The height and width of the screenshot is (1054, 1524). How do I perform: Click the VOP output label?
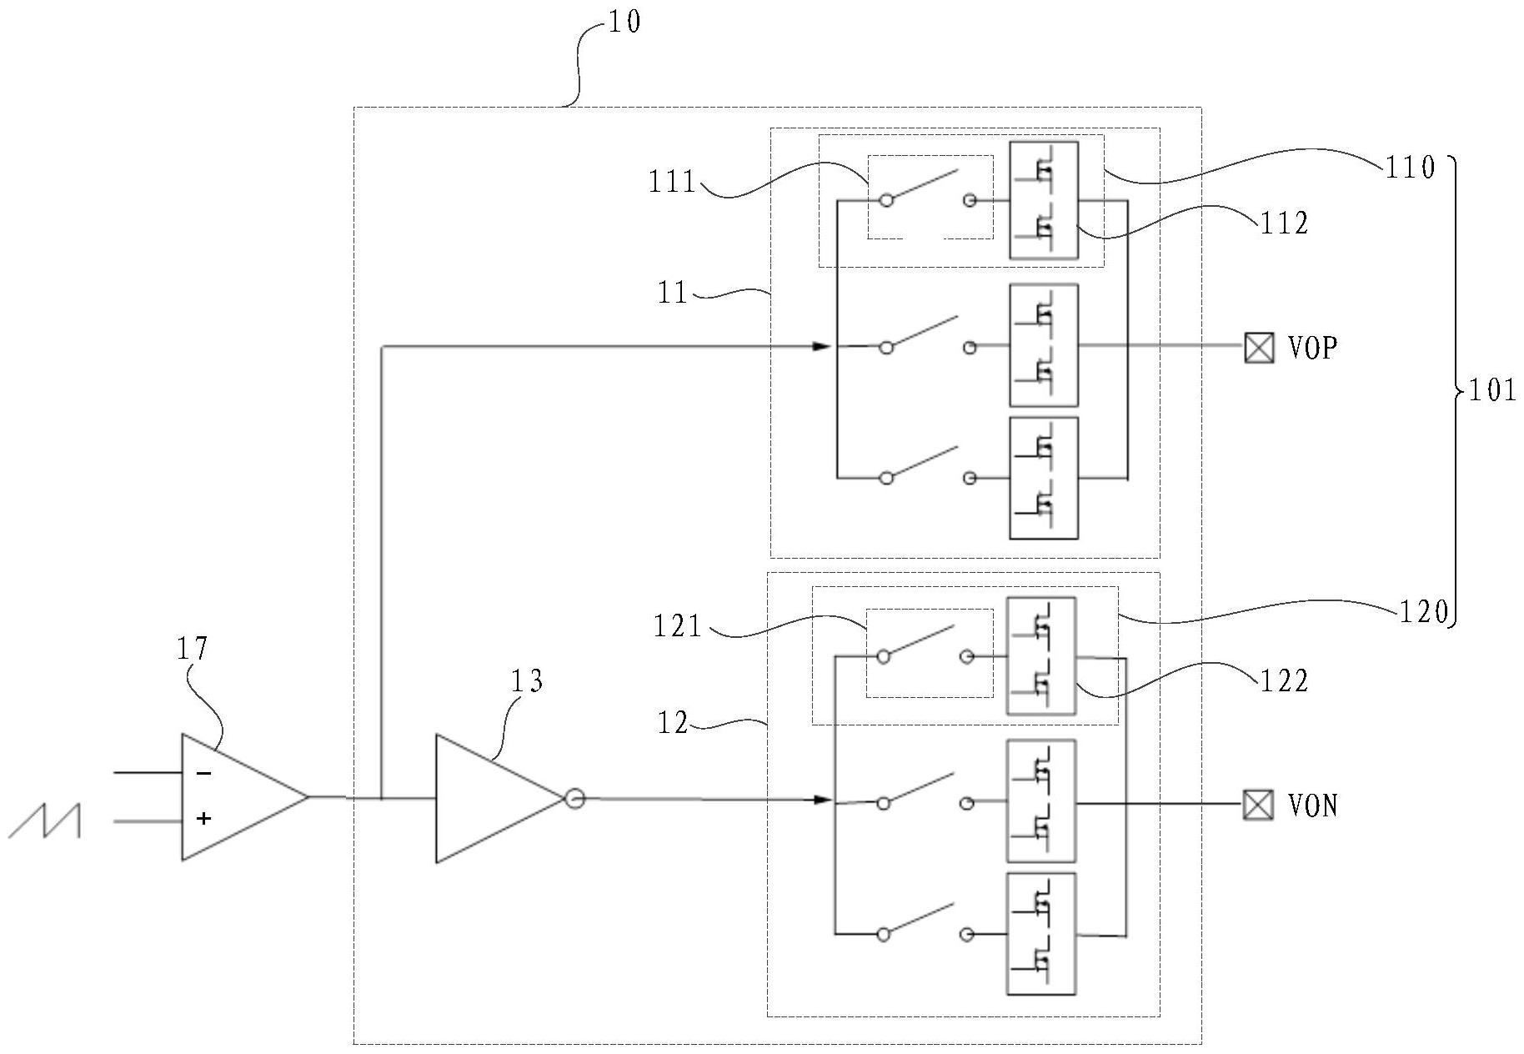pos(1313,347)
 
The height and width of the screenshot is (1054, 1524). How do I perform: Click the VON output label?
pos(1313,806)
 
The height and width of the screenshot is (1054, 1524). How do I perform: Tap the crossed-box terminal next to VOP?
pos(1259,347)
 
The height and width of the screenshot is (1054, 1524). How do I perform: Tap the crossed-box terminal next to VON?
pos(1258,806)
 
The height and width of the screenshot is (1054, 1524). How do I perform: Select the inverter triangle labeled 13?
pos(492,798)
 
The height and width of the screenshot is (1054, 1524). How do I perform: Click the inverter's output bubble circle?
pos(574,799)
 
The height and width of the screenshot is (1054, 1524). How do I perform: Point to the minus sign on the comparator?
pos(203,774)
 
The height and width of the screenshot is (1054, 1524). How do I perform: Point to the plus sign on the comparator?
pos(203,819)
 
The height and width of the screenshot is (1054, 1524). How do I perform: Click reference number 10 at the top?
pos(624,22)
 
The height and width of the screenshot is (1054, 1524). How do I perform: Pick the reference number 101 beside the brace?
pos(1491,390)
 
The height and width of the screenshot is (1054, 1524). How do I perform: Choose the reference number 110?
pos(1410,168)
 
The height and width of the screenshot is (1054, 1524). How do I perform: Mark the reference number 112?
pos(1284,223)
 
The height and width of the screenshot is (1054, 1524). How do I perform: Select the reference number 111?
pos(672,182)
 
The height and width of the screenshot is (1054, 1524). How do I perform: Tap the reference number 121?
pos(677,625)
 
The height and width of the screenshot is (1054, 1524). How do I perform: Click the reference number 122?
pos(1284,681)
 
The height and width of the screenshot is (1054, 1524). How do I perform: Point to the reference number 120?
pos(1423,613)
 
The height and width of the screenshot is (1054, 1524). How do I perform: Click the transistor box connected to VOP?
pos(1043,345)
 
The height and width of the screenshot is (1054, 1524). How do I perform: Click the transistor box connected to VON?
pos(1041,801)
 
